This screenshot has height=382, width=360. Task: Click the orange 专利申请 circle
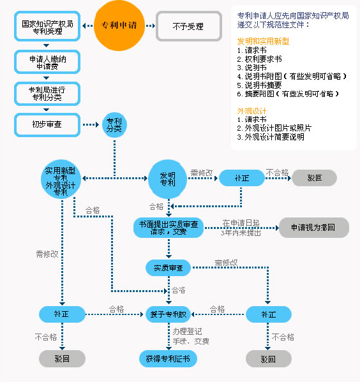click(x=119, y=26)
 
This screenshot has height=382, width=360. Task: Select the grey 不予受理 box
click(x=189, y=26)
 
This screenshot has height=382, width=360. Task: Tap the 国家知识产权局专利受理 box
click(x=47, y=26)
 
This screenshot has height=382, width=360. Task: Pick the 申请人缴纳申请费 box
click(x=47, y=62)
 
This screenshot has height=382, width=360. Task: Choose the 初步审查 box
click(x=47, y=125)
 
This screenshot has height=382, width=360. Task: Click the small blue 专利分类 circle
click(x=114, y=125)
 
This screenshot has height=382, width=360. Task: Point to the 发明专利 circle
click(x=168, y=179)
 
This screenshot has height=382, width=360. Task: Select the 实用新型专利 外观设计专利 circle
click(x=61, y=179)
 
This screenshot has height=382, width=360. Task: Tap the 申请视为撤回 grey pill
click(x=314, y=228)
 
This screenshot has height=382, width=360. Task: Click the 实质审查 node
click(x=169, y=268)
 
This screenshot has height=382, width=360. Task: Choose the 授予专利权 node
click(x=169, y=314)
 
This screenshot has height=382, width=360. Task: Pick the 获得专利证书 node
click(x=168, y=358)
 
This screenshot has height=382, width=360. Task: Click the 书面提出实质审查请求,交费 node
click(x=169, y=228)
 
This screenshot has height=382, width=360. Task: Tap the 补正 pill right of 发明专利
click(x=242, y=178)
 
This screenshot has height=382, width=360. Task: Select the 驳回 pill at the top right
click(x=315, y=178)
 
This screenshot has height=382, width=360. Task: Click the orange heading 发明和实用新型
click(x=263, y=41)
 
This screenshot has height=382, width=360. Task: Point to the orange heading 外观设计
click(x=251, y=111)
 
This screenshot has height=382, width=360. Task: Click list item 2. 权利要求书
click(x=259, y=59)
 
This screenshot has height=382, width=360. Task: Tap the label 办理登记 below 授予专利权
click(x=187, y=332)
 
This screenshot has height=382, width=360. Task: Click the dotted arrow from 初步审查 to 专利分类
click(x=91, y=125)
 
